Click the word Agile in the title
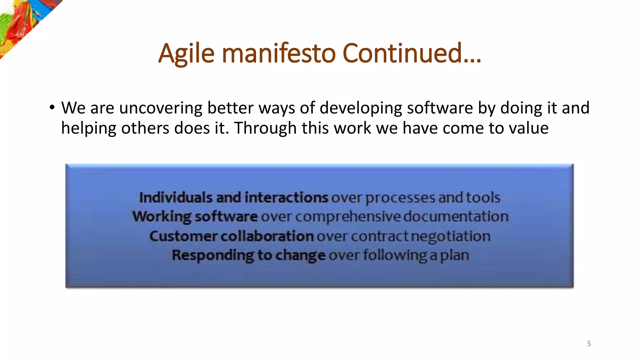point(186,54)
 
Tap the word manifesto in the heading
point(279,53)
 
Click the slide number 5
point(589,344)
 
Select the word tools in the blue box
point(483,198)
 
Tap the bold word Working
point(161,217)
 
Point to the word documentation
point(456,217)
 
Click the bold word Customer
point(183,236)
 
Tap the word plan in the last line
point(455,256)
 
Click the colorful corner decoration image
point(22,22)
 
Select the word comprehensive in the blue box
point(347,217)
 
